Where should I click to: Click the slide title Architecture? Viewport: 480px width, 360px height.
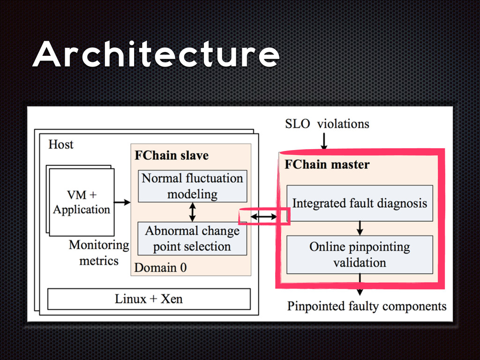click(x=156, y=56)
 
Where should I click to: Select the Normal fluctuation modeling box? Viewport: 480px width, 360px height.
click(x=192, y=186)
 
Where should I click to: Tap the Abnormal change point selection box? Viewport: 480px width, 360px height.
click(x=192, y=239)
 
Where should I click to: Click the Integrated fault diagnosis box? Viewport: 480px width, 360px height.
click(x=360, y=203)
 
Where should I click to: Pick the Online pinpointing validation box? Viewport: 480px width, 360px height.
click(x=360, y=255)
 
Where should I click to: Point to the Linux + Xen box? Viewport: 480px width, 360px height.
click(x=149, y=299)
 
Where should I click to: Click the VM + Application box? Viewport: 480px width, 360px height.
click(x=82, y=202)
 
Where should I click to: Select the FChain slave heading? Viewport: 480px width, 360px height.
click(x=172, y=155)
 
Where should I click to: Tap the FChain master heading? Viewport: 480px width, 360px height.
click(x=327, y=165)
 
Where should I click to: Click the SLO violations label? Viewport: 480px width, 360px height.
click(x=327, y=124)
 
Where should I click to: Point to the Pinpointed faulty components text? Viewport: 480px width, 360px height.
click(x=367, y=307)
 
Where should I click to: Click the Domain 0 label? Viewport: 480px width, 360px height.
click(x=160, y=268)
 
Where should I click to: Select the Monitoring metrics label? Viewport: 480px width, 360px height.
click(x=98, y=252)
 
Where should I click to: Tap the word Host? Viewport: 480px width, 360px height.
click(x=61, y=144)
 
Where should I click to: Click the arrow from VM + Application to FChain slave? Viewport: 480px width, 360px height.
click(x=122, y=202)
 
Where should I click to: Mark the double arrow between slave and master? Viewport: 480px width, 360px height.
click(x=263, y=217)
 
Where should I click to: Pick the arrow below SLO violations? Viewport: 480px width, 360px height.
click(x=323, y=140)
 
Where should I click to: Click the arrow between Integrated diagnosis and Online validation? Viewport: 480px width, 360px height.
click(x=360, y=228)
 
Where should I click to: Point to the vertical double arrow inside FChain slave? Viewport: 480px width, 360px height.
click(x=192, y=212)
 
